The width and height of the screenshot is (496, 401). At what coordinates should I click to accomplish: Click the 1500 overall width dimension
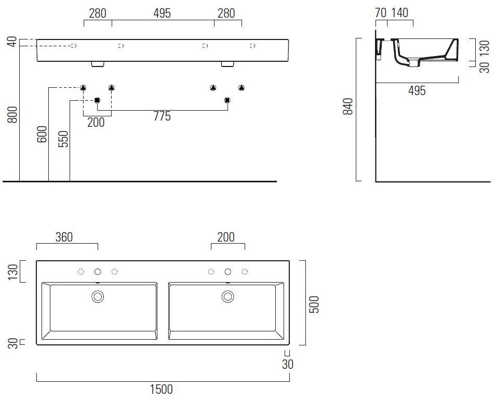tap(162, 389)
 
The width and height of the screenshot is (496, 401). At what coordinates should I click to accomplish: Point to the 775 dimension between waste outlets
tap(162, 116)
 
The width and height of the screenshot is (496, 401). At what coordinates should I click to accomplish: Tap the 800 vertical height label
tap(12, 114)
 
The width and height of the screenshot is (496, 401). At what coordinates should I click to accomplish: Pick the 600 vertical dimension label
tap(42, 133)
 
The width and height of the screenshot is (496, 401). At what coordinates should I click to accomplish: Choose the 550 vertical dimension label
tap(63, 139)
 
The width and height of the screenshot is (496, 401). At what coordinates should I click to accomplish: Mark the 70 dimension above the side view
tap(381, 13)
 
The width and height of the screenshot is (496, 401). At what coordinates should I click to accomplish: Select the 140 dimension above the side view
tap(399, 13)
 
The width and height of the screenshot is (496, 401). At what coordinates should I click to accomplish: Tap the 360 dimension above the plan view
tap(63, 237)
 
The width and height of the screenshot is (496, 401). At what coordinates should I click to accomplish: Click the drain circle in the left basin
tap(98, 297)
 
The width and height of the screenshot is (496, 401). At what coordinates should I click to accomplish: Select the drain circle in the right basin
tap(227, 297)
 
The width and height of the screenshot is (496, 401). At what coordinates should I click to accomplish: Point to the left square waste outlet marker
tap(97, 100)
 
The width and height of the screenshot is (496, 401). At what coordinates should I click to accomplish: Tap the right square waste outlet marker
tap(227, 100)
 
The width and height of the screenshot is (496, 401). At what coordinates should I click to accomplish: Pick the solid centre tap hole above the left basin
tap(98, 272)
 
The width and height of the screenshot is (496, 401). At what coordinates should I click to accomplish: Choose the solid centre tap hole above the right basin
tap(227, 272)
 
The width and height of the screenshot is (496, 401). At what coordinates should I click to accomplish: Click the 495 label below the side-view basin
tap(417, 91)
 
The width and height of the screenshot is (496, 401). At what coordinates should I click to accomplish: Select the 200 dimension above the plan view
tap(226, 237)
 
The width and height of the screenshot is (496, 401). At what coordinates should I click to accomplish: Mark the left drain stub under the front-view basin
tap(98, 64)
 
